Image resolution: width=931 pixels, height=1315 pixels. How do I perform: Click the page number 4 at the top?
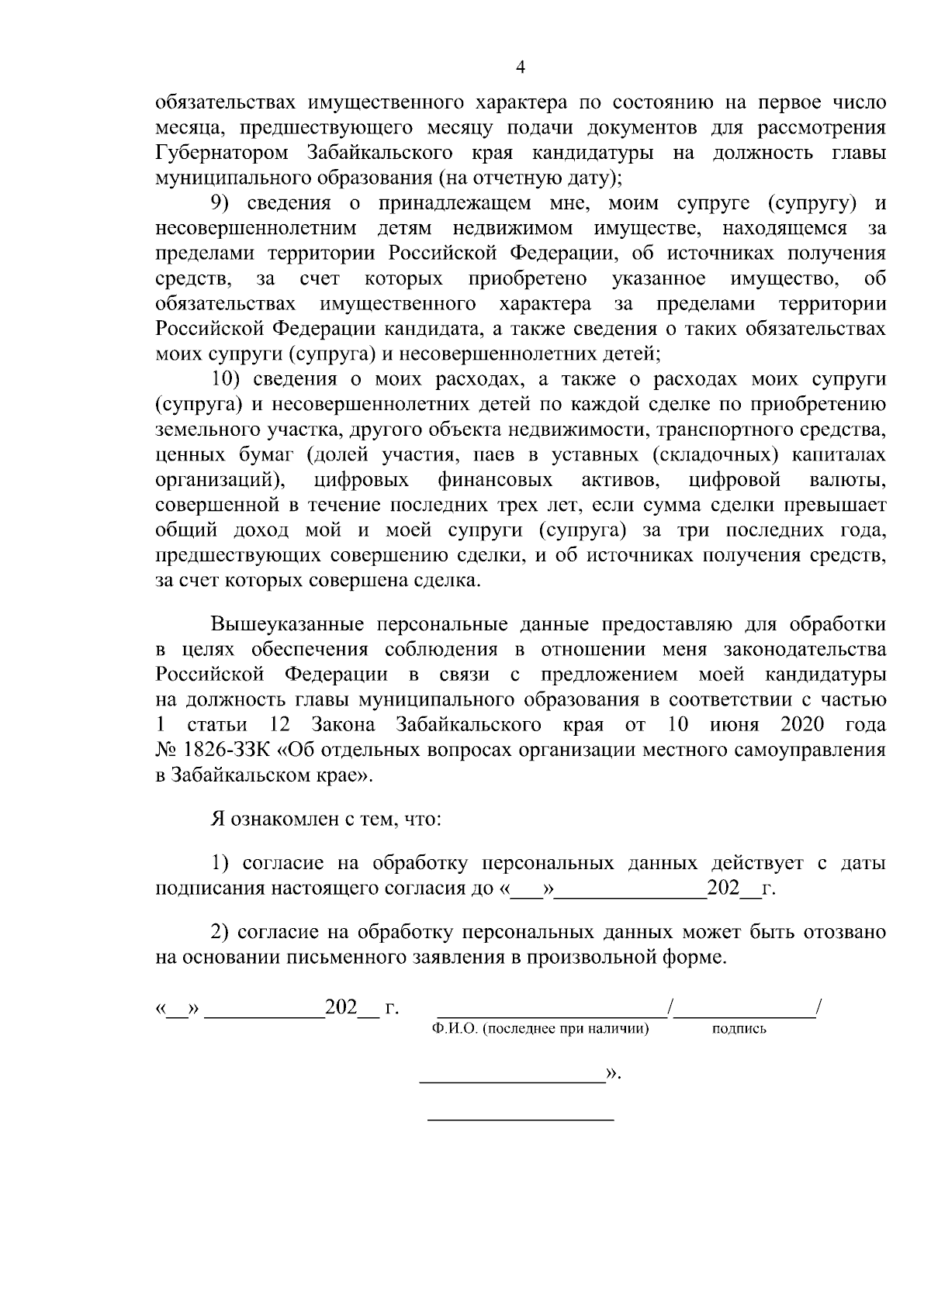(521, 68)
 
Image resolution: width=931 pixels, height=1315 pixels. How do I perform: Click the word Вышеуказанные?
(286, 624)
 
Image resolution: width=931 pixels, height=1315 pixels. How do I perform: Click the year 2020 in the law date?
(801, 726)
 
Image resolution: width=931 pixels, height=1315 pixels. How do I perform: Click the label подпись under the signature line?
(739, 1029)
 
